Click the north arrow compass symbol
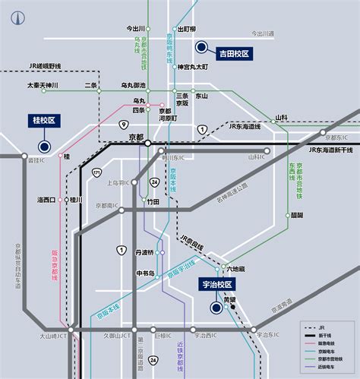[x=13, y=14]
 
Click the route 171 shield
[x=96, y=175]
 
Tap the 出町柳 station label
[x=187, y=29]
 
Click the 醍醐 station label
[x=296, y=215]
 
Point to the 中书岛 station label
[x=145, y=273]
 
